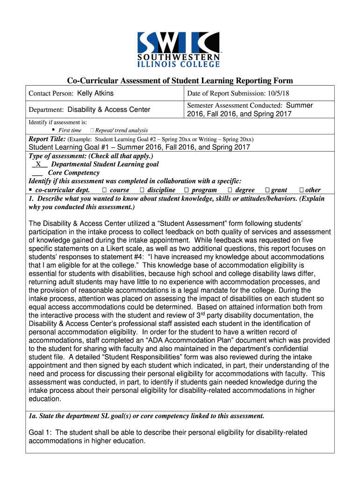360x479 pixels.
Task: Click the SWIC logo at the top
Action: click(x=179, y=49)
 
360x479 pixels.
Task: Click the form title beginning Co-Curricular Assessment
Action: click(x=180, y=80)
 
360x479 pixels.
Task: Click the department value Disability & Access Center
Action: click(x=109, y=110)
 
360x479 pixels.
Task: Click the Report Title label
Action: click(x=47, y=139)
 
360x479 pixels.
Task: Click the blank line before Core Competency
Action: click(x=37, y=173)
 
